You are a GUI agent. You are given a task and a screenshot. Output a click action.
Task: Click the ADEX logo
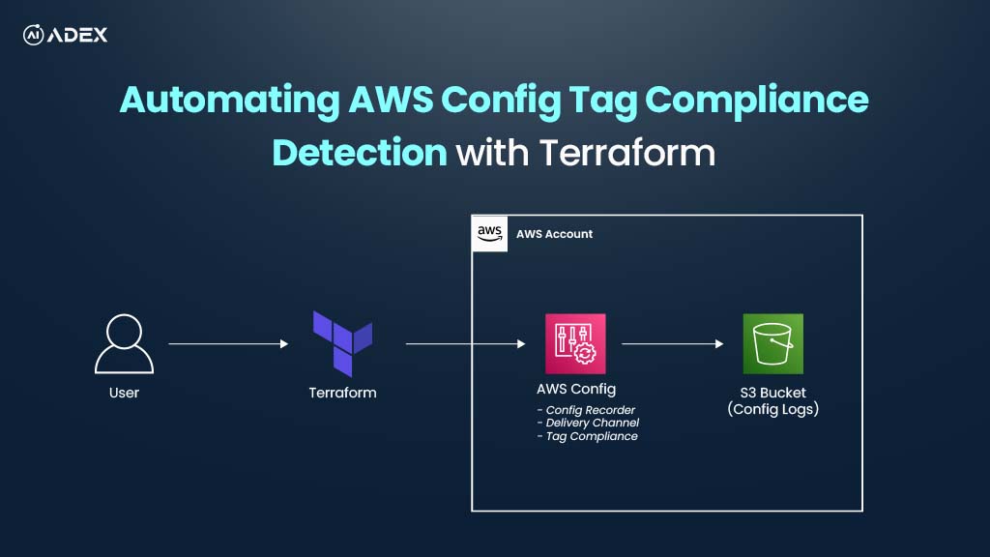tap(65, 35)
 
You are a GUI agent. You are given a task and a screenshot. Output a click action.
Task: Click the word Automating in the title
tap(230, 101)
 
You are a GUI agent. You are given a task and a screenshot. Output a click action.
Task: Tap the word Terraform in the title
tap(626, 153)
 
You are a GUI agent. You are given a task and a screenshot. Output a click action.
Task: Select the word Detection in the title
tap(360, 153)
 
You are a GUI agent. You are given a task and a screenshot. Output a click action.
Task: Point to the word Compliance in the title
tap(756, 101)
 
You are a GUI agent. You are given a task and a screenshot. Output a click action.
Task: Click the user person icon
tap(125, 343)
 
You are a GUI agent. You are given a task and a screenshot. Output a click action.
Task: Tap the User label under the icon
tap(124, 393)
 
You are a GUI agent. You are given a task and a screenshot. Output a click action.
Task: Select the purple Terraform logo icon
tap(343, 343)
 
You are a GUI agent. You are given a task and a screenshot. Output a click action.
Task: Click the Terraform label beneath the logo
tap(343, 393)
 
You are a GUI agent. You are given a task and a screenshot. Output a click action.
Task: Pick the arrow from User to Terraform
tap(228, 343)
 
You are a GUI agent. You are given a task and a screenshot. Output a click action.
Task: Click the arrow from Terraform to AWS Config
tap(465, 343)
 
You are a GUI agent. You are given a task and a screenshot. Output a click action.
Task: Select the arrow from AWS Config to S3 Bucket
tap(673, 343)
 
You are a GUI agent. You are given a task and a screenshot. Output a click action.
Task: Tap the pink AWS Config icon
tap(575, 343)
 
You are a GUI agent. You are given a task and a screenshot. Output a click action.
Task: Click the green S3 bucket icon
tap(772, 343)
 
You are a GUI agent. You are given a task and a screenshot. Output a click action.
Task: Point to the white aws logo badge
tap(490, 234)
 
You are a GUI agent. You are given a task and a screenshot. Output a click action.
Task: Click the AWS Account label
tap(554, 234)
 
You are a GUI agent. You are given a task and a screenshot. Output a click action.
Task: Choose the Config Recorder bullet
tap(586, 410)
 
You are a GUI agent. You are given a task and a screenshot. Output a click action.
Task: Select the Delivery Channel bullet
tap(588, 424)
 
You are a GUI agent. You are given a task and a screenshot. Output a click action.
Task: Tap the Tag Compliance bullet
tap(587, 436)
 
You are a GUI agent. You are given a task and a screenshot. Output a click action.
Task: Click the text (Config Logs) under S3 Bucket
tap(772, 409)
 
